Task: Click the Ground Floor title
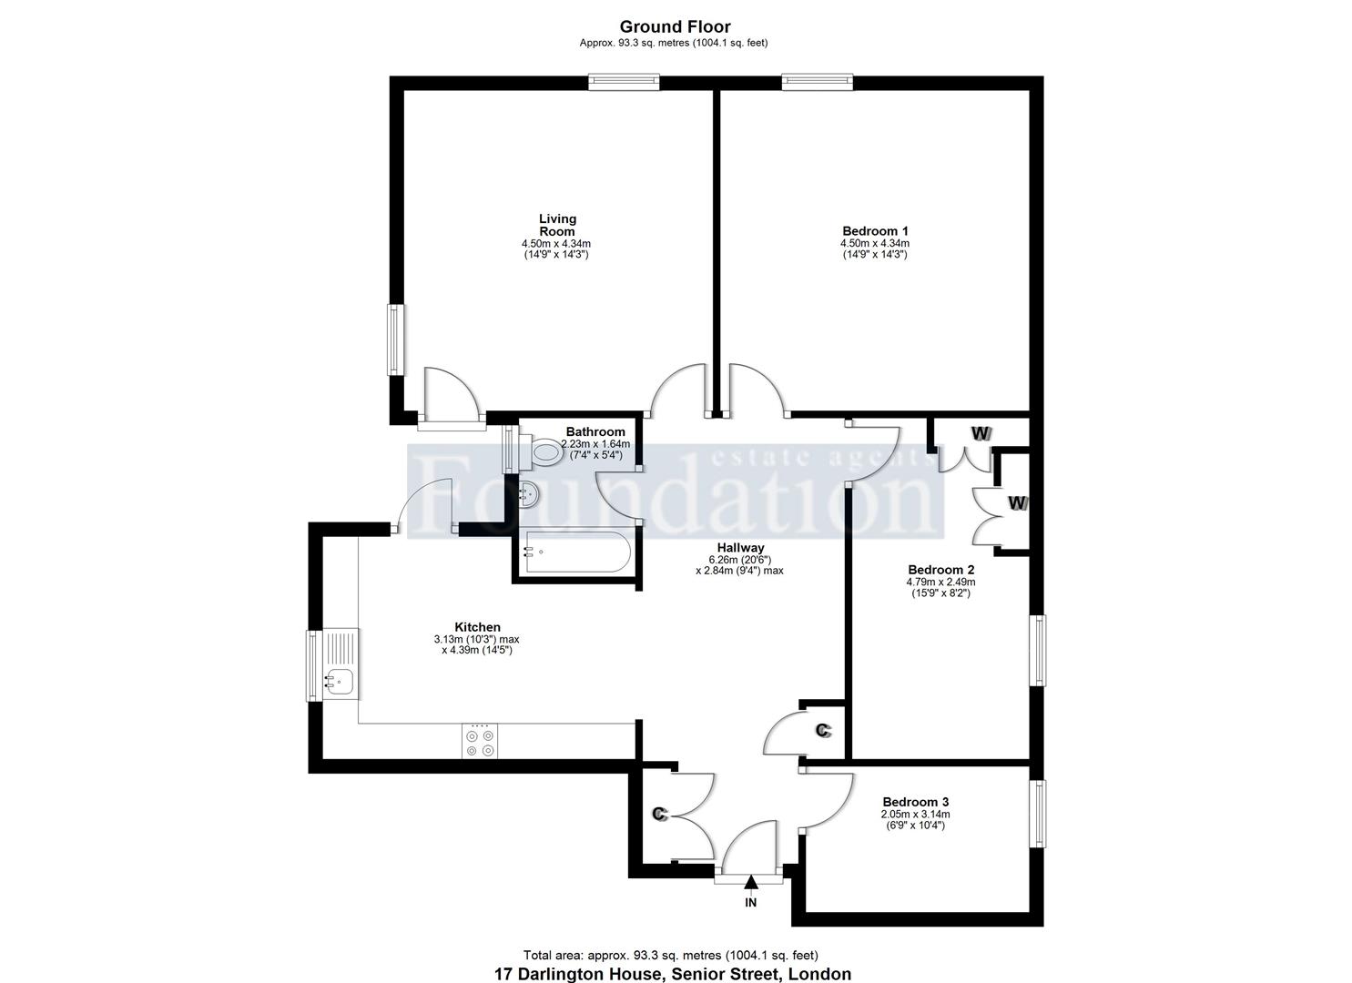pyautogui.click(x=675, y=26)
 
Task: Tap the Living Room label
pyautogui.click(x=557, y=225)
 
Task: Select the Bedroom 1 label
pyautogui.click(x=875, y=230)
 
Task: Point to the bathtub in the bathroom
pyautogui.click(x=577, y=551)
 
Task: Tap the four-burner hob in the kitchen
pyautogui.click(x=480, y=742)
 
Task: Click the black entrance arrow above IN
pyautogui.click(x=751, y=882)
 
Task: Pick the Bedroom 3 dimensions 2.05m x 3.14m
pyautogui.click(x=915, y=814)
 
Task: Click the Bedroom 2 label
pyautogui.click(x=941, y=570)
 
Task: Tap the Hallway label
pyautogui.click(x=740, y=547)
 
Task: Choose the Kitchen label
pyautogui.click(x=477, y=627)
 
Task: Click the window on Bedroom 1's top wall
pyautogui.click(x=818, y=82)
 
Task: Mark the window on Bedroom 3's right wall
pyautogui.click(x=1038, y=814)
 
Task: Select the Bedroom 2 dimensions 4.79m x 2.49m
pyautogui.click(x=940, y=583)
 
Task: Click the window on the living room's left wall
pyautogui.click(x=396, y=339)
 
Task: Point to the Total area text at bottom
pyautogui.click(x=671, y=956)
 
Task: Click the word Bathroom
pyautogui.click(x=595, y=432)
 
